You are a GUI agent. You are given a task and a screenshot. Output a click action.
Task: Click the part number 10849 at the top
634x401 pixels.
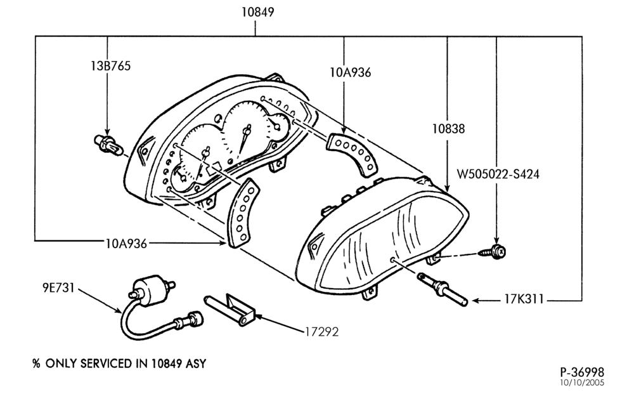pos(257,12)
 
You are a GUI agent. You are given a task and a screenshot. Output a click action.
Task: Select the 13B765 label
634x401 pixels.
pos(111,65)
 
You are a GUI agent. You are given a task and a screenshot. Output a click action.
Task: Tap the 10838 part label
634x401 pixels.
pos(448,129)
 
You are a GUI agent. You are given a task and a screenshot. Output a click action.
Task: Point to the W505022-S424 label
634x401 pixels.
pos(498,174)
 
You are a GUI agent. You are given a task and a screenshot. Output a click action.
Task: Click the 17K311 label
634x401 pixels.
pos(524,299)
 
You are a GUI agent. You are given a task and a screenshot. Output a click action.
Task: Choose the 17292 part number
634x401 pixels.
pos(321,332)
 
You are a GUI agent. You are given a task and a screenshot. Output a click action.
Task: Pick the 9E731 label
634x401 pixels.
pos(58,287)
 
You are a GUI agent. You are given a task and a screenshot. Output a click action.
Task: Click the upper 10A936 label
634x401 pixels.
pos(350,72)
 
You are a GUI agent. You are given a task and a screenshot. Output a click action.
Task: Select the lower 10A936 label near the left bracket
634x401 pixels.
pos(126,244)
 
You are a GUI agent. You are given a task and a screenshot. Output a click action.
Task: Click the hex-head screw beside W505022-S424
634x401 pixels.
pos(492,252)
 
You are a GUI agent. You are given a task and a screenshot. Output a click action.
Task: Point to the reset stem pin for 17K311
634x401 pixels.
pos(443,289)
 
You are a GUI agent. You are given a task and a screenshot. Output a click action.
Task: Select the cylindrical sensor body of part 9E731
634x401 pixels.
pos(151,290)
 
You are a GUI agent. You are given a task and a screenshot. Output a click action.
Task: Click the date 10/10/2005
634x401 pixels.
pos(582,383)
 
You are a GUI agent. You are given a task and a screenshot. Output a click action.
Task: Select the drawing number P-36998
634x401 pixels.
pos(582,371)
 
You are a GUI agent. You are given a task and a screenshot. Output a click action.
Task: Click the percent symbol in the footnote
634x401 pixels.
pos(36,364)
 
